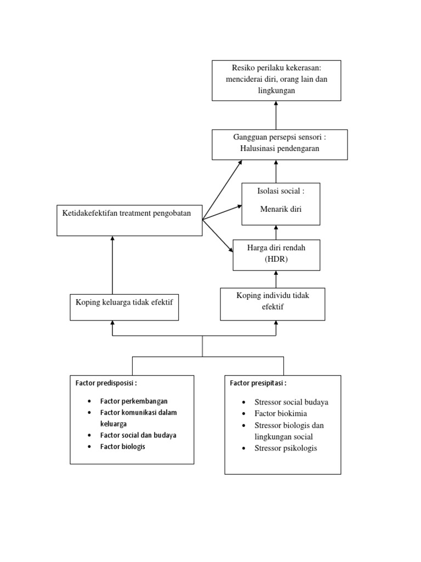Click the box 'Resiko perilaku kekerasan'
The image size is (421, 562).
coord(276,80)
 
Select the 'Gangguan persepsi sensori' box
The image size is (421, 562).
coord(280,144)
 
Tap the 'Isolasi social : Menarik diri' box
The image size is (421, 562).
coord(281,204)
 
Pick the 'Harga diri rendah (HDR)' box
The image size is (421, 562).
coord(276,255)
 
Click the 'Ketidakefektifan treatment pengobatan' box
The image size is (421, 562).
coord(129,220)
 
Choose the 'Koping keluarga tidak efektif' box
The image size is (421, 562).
coord(124,307)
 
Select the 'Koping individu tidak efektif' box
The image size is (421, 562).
coord(272,304)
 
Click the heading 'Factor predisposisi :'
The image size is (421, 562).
coord(106,383)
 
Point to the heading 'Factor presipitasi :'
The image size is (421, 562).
coord(258,383)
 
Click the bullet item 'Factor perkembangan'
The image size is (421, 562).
coord(134,401)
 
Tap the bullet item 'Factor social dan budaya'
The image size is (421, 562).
coord(138,435)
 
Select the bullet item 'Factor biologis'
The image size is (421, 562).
coord(123,447)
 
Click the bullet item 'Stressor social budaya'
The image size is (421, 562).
coord(291,402)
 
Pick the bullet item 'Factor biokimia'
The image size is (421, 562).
coord(281,413)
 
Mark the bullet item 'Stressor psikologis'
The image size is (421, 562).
coord(286,448)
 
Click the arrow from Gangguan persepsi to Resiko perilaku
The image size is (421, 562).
coord(276,115)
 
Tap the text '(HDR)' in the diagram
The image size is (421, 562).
coord(276,259)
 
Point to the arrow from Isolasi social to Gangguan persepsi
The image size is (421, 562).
coord(276,172)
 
